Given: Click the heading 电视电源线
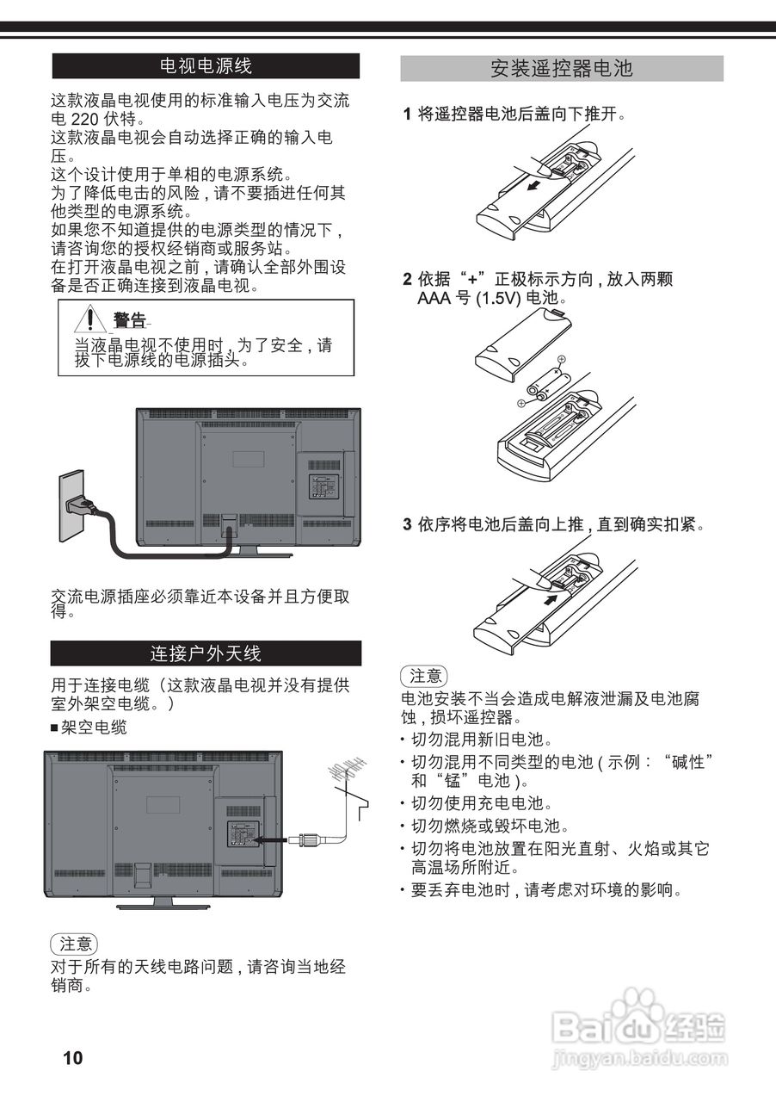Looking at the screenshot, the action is pyautogui.click(x=206, y=65).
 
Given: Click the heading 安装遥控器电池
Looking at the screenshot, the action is pyautogui.click(x=561, y=69).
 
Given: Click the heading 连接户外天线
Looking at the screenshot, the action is pyautogui.click(x=206, y=653).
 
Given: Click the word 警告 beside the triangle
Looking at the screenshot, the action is pyautogui.click(x=130, y=321).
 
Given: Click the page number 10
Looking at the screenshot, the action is pyautogui.click(x=73, y=1058).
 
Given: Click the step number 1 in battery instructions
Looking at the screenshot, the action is pyautogui.click(x=408, y=114).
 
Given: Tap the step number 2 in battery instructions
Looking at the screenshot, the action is pyautogui.click(x=408, y=279).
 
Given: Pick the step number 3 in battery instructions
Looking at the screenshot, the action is pyautogui.click(x=408, y=524).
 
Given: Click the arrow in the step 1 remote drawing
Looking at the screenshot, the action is pyautogui.click(x=535, y=184).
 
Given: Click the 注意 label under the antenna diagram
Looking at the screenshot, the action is pyautogui.click(x=74, y=944).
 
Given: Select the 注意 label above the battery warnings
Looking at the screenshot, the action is pyautogui.click(x=424, y=676).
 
